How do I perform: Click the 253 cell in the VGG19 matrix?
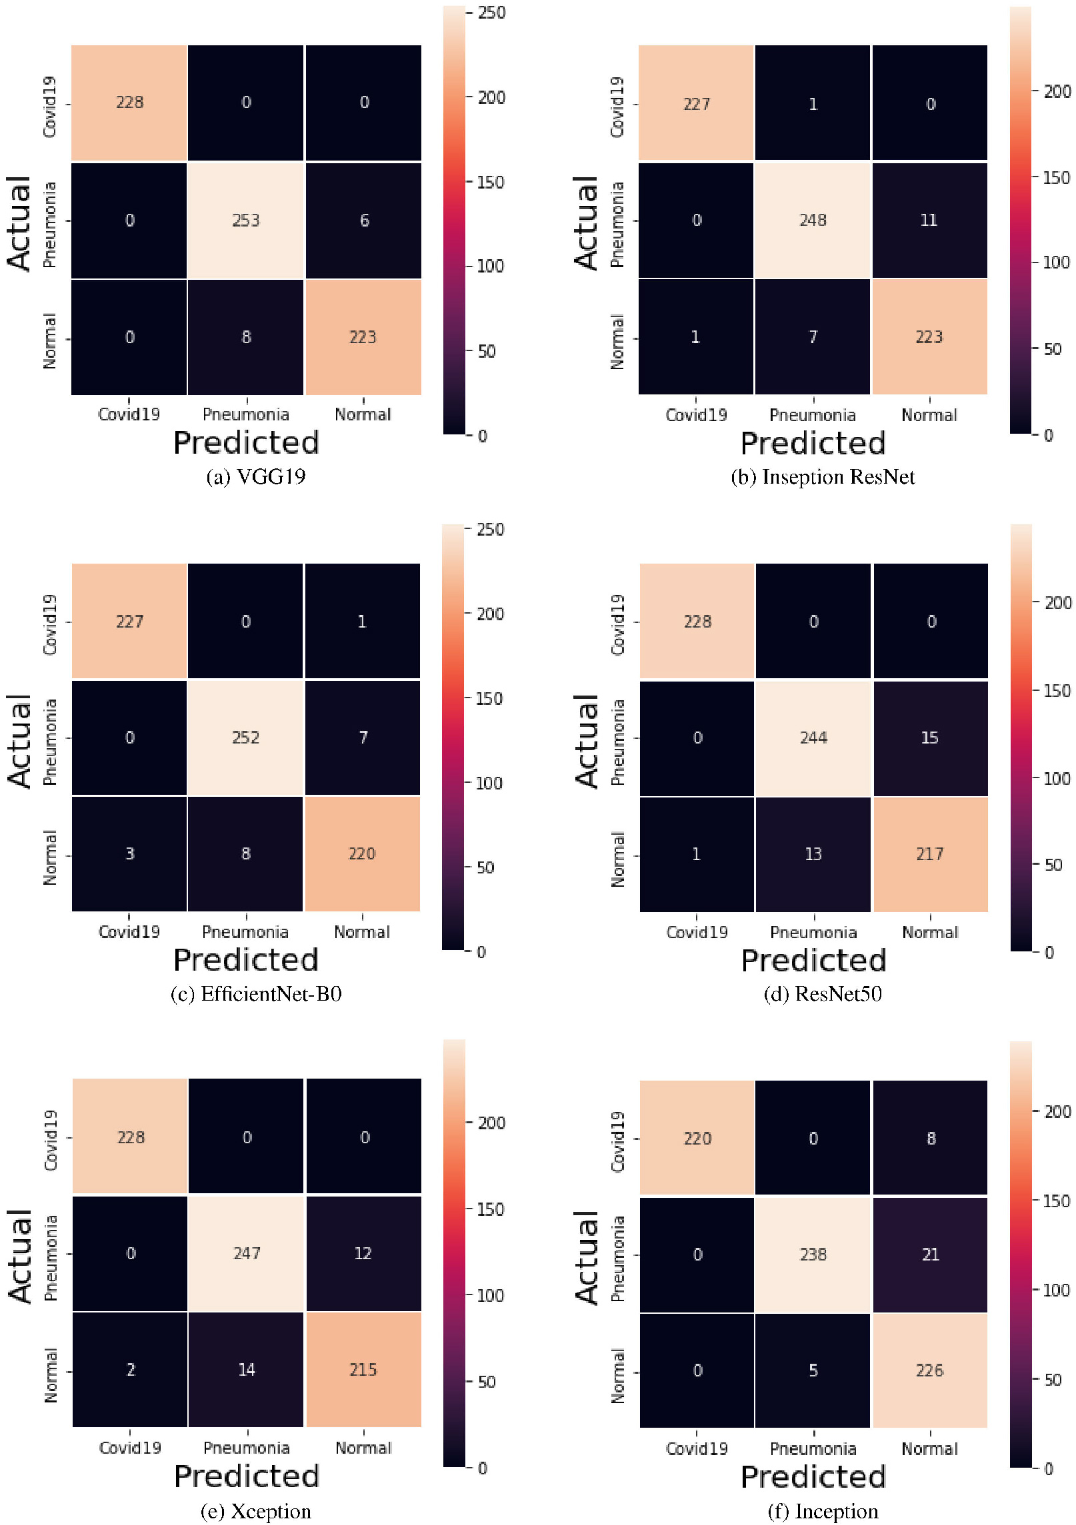[245, 220]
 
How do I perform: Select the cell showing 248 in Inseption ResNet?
[813, 220]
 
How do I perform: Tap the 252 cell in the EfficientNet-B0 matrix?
[245, 738]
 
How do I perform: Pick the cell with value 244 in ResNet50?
[813, 738]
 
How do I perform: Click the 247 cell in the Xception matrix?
[246, 1253]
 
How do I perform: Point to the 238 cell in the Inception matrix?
[813, 1255]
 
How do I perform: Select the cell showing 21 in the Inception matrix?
[930, 1255]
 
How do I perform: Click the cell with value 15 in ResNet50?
[930, 738]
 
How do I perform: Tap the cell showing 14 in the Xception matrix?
[246, 1370]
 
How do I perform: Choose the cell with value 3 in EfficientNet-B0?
[129, 854]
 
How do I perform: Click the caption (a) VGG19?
[256, 476]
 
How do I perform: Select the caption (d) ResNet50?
[823, 993]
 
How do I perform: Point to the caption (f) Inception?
[823, 1510]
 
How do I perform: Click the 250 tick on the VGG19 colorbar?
[491, 13]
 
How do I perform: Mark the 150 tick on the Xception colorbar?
[490, 1209]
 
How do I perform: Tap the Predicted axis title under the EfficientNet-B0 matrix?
[246, 960]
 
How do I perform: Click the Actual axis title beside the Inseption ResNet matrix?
[587, 223]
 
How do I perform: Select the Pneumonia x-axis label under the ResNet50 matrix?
[813, 932]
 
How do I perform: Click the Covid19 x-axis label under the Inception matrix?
[697, 1448]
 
